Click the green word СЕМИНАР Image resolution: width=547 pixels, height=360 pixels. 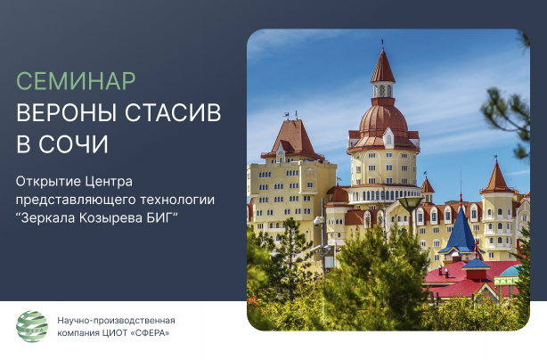(76, 81)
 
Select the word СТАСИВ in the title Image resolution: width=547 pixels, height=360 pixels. (173, 112)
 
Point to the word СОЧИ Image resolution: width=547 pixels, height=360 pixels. (74, 144)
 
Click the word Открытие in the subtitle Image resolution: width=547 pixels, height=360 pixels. (48, 182)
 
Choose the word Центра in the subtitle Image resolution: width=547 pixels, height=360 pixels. (109, 182)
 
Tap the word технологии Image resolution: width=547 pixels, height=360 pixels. (177, 200)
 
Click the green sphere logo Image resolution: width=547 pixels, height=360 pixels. (32, 326)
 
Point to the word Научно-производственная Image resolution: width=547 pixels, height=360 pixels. (116, 320)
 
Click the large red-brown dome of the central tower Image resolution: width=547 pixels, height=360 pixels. (383, 120)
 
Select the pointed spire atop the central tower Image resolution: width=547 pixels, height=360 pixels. (383, 66)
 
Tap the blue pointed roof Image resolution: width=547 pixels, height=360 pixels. (461, 231)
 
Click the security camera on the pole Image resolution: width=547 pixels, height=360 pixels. (319, 221)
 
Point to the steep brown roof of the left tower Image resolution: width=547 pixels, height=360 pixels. (294, 139)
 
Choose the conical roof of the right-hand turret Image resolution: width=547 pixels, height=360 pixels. (497, 177)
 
